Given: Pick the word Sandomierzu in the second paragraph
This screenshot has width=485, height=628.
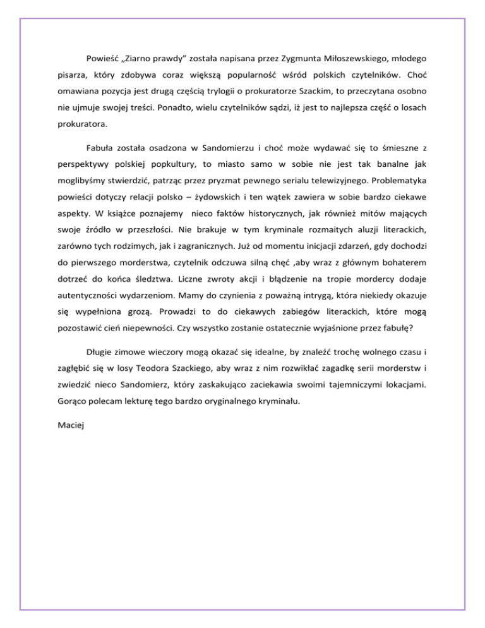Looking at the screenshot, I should (236, 148).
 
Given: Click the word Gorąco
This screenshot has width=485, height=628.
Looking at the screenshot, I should (71, 402).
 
